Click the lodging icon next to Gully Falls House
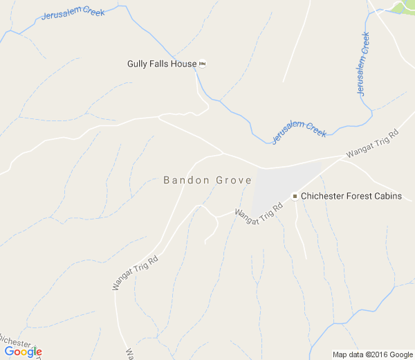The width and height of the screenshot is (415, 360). click(203, 64)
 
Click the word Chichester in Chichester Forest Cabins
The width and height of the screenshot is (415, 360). click(325, 197)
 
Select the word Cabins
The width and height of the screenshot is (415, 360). click(389, 197)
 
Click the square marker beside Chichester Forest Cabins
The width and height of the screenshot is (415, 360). click(295, 197)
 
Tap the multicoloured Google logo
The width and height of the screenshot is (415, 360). click(23, 352)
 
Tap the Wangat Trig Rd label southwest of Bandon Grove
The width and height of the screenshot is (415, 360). click(136, 273)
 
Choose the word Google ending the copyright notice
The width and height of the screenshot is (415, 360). click(400, 354)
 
